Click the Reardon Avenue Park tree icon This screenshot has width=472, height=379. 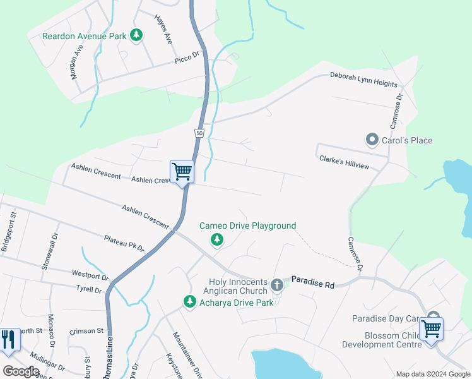coord(136,35)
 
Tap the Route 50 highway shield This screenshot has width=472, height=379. coord(199,133)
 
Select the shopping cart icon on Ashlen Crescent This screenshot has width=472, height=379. coord(182,171)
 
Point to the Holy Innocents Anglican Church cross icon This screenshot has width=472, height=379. coord(276,286)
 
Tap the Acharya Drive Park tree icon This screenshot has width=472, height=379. coord(189,303)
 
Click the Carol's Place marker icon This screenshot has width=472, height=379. coord(372,139)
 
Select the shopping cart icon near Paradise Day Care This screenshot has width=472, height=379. coord(431,328)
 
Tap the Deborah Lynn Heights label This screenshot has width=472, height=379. coord(363,79)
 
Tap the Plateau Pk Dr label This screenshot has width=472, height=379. coord(124,242)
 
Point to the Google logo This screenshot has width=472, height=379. coord(21,371)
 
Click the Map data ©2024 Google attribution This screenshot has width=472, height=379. coord(433,374)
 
